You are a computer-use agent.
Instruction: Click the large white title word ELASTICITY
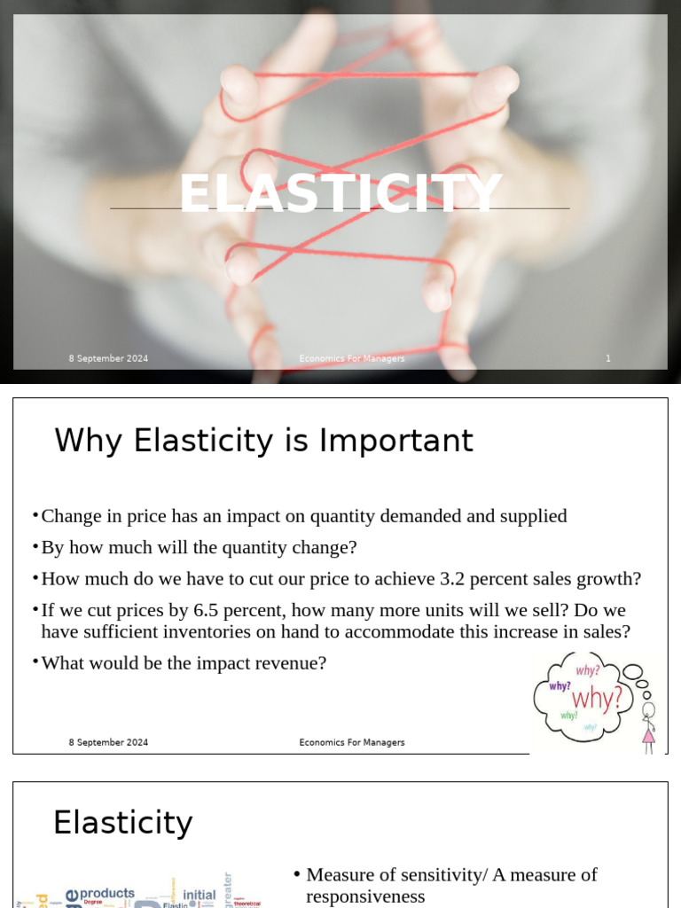point(340,193)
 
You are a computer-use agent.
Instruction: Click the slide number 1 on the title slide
point(608,358)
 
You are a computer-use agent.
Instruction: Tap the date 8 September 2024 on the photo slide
point(108,358)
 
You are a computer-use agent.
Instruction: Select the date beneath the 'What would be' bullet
point(108,742)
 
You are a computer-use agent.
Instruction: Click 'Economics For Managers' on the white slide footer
point(352,742)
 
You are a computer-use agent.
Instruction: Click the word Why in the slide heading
point(89,441)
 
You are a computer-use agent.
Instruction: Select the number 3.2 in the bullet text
point(453,579)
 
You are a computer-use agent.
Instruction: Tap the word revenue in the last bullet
point(293,662)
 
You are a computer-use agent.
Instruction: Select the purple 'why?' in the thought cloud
point(560,685)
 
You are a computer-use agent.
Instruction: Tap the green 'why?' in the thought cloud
point(568,715)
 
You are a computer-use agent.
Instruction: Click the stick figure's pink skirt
point(649,735)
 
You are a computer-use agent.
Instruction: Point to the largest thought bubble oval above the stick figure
point(633,672)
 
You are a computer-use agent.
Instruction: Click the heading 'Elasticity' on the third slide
point(122,823)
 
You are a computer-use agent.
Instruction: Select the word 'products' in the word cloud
point(106,893)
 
